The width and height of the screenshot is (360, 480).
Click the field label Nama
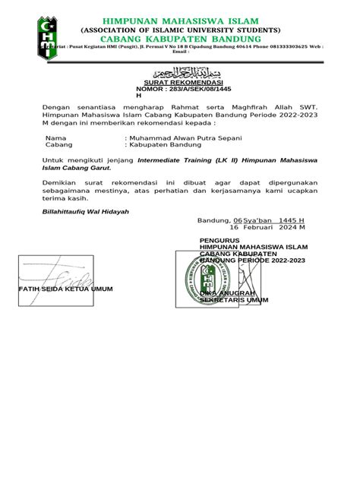[x=56, y=137]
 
